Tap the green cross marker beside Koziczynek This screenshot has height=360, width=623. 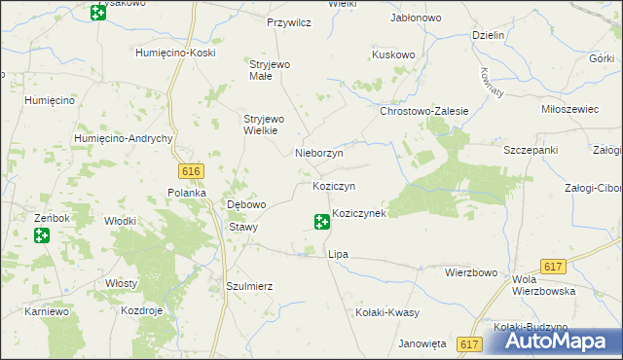click(321, 222)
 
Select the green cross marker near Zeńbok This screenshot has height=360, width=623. click(41, 235)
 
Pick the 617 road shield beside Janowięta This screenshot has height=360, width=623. click(470, 344)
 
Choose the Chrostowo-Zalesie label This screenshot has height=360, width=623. click(424, 112)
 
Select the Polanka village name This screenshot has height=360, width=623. click(188, 193)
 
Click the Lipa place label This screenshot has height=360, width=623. click(338, 254)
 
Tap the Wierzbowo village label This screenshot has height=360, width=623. click(472, 273)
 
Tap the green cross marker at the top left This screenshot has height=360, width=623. click(97, 13)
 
